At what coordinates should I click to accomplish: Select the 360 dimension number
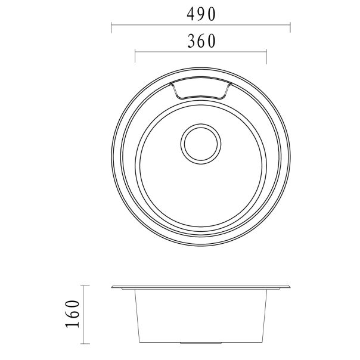[x=201, y=41]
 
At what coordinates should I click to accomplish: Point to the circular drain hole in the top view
[x=201, y=143]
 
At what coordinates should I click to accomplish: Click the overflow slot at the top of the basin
[x=200, y=89]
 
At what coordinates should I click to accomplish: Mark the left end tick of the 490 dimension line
[x=112, y=27]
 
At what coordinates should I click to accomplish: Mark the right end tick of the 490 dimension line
[x=290, y=27]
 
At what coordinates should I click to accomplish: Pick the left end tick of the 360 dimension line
[x=135, y=56]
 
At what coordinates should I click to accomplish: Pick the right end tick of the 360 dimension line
[x=266, y=56]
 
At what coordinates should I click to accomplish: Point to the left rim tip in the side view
[x=113, y=288]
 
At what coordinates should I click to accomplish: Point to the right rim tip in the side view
[x=289, y=288]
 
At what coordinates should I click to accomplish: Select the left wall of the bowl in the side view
[x=137, y=316]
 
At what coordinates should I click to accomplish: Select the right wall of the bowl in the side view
[x=265, y=316]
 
